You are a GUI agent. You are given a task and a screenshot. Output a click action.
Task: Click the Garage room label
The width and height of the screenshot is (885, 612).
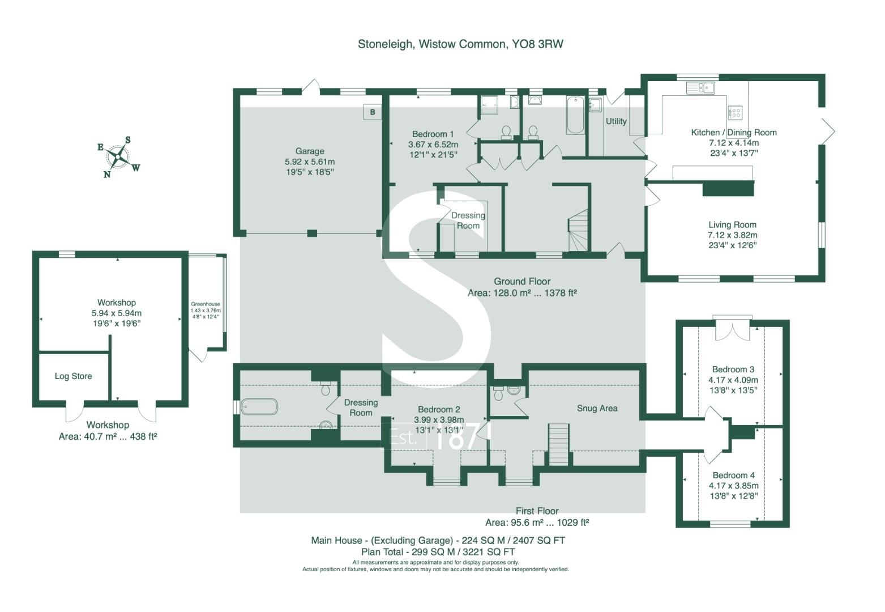point(310,151)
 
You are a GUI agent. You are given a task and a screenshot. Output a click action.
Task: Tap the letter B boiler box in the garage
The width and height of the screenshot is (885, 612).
point(372,112)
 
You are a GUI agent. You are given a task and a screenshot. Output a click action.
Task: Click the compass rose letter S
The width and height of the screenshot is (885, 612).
point(127,139)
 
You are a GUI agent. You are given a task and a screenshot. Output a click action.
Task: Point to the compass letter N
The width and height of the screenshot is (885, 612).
point(106,175)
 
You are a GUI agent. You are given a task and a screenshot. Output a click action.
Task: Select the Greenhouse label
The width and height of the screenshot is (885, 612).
point(206,304)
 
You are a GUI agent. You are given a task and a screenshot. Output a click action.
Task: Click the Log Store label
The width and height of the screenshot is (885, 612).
point(73,376)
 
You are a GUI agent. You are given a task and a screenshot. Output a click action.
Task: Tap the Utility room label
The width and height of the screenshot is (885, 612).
point(616,121)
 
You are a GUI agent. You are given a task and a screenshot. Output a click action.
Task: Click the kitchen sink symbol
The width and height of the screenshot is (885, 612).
point(700,88)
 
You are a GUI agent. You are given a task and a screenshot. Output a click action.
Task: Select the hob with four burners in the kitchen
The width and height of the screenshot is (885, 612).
point(735,113)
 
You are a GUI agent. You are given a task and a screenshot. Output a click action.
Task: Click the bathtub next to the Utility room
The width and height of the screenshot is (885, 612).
point(575,114)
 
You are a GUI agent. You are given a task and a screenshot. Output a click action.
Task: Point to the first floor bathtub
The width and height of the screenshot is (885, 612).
point(259,406)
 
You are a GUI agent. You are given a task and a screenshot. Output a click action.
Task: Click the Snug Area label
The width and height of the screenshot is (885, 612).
point(597,409)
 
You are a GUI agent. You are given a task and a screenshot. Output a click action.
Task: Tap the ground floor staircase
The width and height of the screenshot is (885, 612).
point(579,230)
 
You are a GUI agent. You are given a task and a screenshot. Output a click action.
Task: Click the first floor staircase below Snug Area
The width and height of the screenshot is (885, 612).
point(558,444)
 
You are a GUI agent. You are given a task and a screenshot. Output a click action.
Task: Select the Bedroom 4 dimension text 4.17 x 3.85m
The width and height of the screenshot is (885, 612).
point(734,486)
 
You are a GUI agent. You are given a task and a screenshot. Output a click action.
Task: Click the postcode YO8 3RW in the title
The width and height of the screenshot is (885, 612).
point(537,44)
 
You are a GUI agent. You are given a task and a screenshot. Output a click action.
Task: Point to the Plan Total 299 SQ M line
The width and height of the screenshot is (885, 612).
point(438,551)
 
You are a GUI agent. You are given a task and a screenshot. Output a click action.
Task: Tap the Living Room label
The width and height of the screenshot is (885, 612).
point(732,224)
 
